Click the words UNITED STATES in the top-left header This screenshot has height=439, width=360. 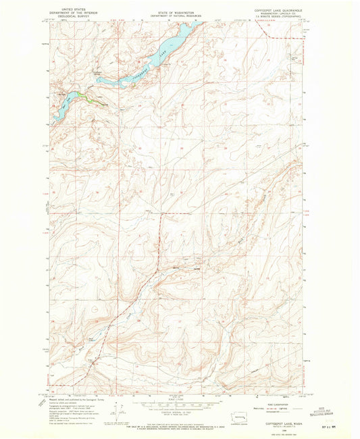click(x=70, y=9)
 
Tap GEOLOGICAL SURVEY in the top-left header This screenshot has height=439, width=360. click(x=70, y=16)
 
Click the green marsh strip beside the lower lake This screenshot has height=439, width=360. click(x=84, y=96)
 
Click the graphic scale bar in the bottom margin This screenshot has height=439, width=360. click(x=174, y=403)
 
